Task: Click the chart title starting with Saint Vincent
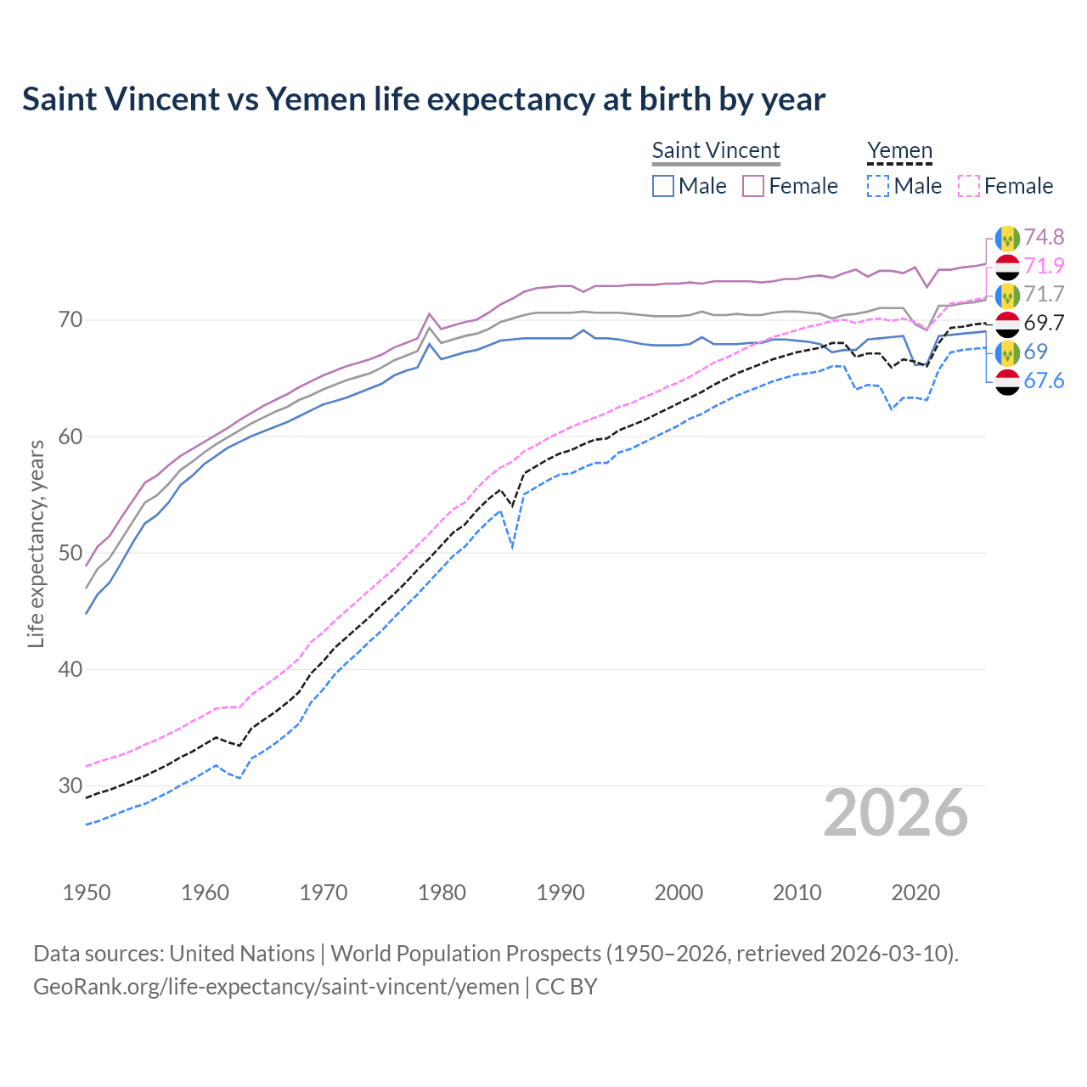point(423,99)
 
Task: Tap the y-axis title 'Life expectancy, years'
point(36,543)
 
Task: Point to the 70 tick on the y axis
point(70,320)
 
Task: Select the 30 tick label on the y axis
point(70,786)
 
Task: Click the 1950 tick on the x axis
point(87,893)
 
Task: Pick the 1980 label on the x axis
point(442,893)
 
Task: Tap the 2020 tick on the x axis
point(915,893)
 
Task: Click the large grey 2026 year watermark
point(895,813)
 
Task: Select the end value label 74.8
point(1044,237)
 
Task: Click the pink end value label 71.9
point(1044,266)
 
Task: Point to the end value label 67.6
point(1044,380)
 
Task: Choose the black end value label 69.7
point(1044,323)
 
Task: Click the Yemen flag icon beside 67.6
point(1007,381)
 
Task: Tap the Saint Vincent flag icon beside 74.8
point(1007,238)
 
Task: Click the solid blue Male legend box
point(663,186)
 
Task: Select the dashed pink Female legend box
point(969,186)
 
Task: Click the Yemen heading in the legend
point(899,150)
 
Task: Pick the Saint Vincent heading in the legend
point(716,150)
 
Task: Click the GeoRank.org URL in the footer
point(276,987)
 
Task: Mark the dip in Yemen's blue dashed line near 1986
point(512,546)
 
